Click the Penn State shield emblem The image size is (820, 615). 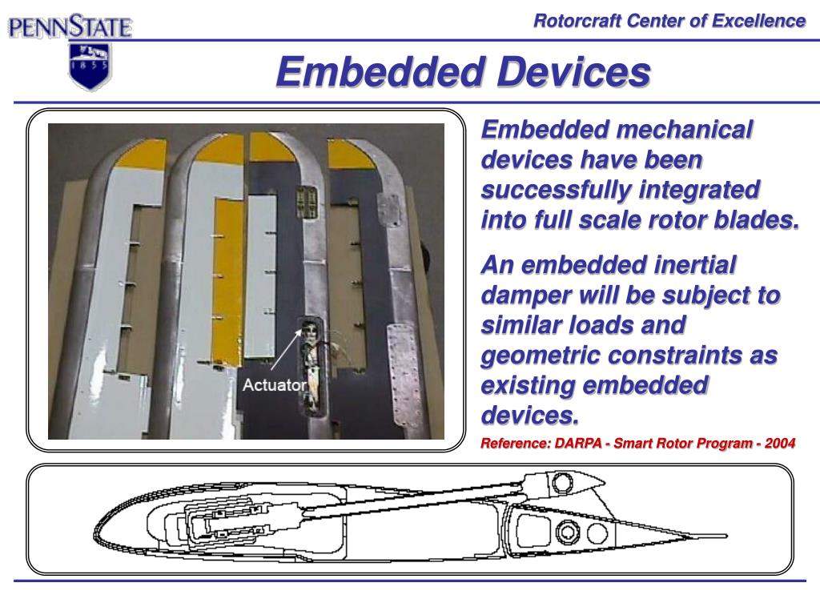(90, 66)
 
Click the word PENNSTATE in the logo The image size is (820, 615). (70, 29)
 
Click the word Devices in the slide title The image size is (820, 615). (573, 73)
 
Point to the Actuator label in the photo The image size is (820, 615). (274, 385)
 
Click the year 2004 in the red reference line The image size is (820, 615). (779, 444)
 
